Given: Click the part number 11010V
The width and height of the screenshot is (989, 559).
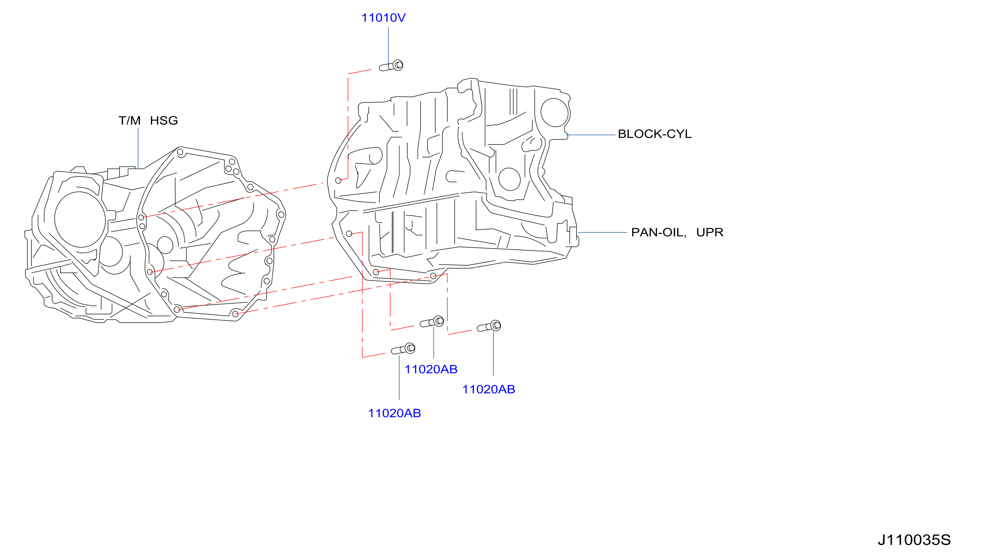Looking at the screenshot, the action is [x=383, y=18].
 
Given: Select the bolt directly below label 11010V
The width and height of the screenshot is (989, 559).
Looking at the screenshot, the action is [x=391, y=66].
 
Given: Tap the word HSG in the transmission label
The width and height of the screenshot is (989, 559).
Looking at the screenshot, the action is [x=164, y=121].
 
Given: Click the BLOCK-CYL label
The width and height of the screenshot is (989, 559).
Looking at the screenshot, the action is [x=654, y=134].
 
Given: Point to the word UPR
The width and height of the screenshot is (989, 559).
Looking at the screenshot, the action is [x=709, y=232].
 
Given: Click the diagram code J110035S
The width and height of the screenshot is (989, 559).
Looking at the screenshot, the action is [x=914, y=540].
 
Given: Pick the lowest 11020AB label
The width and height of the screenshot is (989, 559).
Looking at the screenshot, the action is [x=394, y=413].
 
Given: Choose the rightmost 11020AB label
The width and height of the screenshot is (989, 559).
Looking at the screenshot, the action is [x=488, y=389].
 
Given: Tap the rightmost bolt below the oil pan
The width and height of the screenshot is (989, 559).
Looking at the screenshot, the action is [x=489, y=326].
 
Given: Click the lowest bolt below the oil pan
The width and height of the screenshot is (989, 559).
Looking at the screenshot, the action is [x=403, y=349].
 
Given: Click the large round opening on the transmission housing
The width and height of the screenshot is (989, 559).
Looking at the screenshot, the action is [x=80, y=219].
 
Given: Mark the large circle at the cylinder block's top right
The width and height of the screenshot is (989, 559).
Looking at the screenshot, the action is [x=554, y=112].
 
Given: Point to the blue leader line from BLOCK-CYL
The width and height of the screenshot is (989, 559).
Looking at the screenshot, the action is [x=592, y=135].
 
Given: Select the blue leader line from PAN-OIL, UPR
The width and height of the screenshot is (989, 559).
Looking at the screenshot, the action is [x=603, y=232].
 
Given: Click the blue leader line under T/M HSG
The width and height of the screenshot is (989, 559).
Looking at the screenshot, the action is [x=138, y=148].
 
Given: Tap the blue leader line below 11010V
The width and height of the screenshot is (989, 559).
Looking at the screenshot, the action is [x=388, y=45].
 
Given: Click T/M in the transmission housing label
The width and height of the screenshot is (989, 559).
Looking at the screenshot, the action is [x=129, y=121].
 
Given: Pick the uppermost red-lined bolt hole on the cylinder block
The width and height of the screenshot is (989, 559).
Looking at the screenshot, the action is [x=338, y=180].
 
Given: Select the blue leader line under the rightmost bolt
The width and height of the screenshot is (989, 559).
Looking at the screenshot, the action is [x=493, y=353].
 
